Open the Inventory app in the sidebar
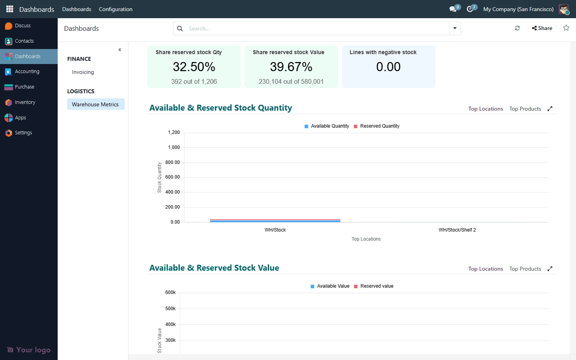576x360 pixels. [24, 102]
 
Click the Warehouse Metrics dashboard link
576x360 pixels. [95, 104]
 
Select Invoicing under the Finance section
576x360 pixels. [83, 72]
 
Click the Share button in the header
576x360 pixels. [542, 28]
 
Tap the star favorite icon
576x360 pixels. [566, 28]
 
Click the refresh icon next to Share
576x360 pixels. [517, 28]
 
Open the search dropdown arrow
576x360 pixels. [455, 28]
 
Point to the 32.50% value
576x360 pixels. [194, 67]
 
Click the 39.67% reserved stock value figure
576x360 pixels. [291, 67]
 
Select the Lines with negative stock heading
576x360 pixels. [383, 52]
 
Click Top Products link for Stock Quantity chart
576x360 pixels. [525, 109]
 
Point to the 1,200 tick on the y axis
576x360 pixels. [174, 132]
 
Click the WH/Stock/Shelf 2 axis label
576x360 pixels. [457, 230]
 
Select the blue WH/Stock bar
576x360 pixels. [275, 221]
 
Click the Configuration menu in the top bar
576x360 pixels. [115, 9]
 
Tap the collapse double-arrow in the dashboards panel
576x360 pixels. [120, 50]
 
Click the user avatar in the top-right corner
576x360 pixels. [564, 9]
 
